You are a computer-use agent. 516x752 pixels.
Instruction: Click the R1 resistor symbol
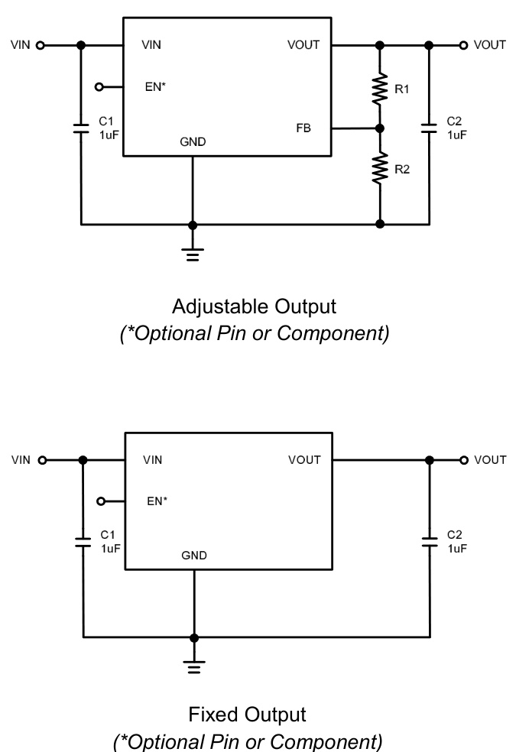click(380, 89)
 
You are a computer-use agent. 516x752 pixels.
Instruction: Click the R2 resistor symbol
click(380, 168)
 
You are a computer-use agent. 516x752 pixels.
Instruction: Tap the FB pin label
click(303, 128)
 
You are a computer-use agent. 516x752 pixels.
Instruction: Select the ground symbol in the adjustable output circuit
click(193, 254)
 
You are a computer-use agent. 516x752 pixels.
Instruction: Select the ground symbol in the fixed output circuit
click(194, 667)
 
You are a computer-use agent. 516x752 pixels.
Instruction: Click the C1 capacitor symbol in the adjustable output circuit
click(81, 128)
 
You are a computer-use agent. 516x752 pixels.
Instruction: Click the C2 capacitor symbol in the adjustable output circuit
click(429, 128)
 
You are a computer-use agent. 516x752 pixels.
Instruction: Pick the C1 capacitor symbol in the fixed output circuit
click(83, 542)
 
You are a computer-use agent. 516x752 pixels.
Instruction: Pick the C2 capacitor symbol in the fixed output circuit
click(430, 542)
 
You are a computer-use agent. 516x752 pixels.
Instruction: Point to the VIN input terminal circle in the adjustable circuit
click(41, 45)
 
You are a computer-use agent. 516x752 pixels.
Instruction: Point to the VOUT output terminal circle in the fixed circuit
click(463, 460)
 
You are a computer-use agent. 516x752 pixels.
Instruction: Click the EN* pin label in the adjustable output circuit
click(155, 87)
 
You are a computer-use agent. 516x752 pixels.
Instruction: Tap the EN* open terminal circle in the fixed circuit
click(101, 502)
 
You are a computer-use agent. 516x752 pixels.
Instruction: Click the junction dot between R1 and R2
click(380, 128)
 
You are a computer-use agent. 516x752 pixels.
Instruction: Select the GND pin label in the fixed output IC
click(194, 556)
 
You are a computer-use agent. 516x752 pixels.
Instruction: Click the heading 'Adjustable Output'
click(255, 306)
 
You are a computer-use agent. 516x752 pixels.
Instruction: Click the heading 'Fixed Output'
click(247, 715)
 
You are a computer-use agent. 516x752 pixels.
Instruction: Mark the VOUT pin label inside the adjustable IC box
click(303, 45)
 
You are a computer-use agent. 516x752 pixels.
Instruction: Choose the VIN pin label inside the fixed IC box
click(153, 460)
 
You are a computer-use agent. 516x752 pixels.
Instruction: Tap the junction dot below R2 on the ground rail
click(380, 225)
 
